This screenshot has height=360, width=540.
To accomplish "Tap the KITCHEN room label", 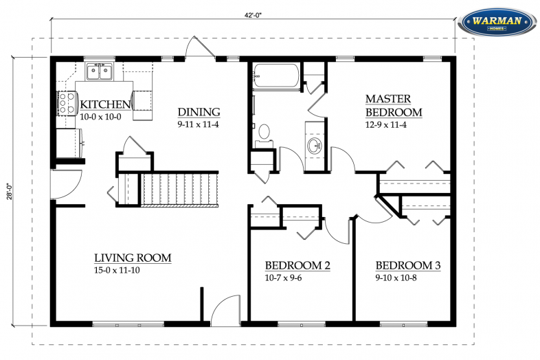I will point(105,104).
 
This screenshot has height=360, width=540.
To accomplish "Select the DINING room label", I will point(199,112).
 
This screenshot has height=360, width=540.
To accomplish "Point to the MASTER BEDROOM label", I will point(393,106).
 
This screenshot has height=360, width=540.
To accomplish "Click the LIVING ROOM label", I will point(133,258).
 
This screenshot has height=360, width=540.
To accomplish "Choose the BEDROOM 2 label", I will point(298,266).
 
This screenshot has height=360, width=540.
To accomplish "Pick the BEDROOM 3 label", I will point(408,266).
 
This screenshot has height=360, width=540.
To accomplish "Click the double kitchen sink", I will point(99,71).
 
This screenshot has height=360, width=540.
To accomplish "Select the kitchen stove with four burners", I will point(67,103).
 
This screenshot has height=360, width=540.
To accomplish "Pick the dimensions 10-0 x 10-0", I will point(101,117).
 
